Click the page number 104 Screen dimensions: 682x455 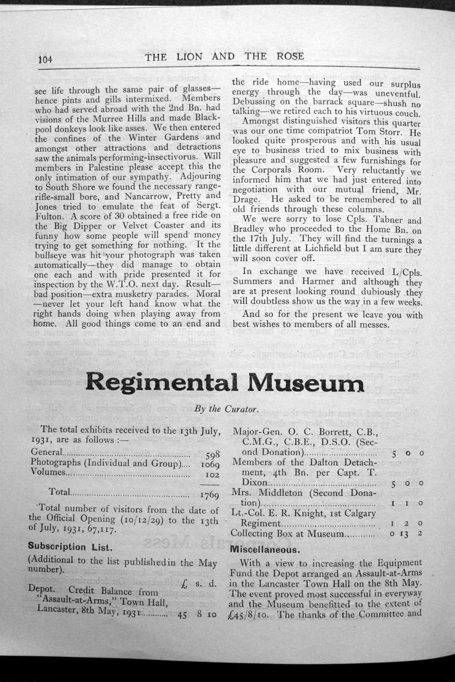(x=46, y=60)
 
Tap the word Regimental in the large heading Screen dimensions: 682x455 (x=161, y=382)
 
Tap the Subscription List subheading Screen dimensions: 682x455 (x=70, y=546)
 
